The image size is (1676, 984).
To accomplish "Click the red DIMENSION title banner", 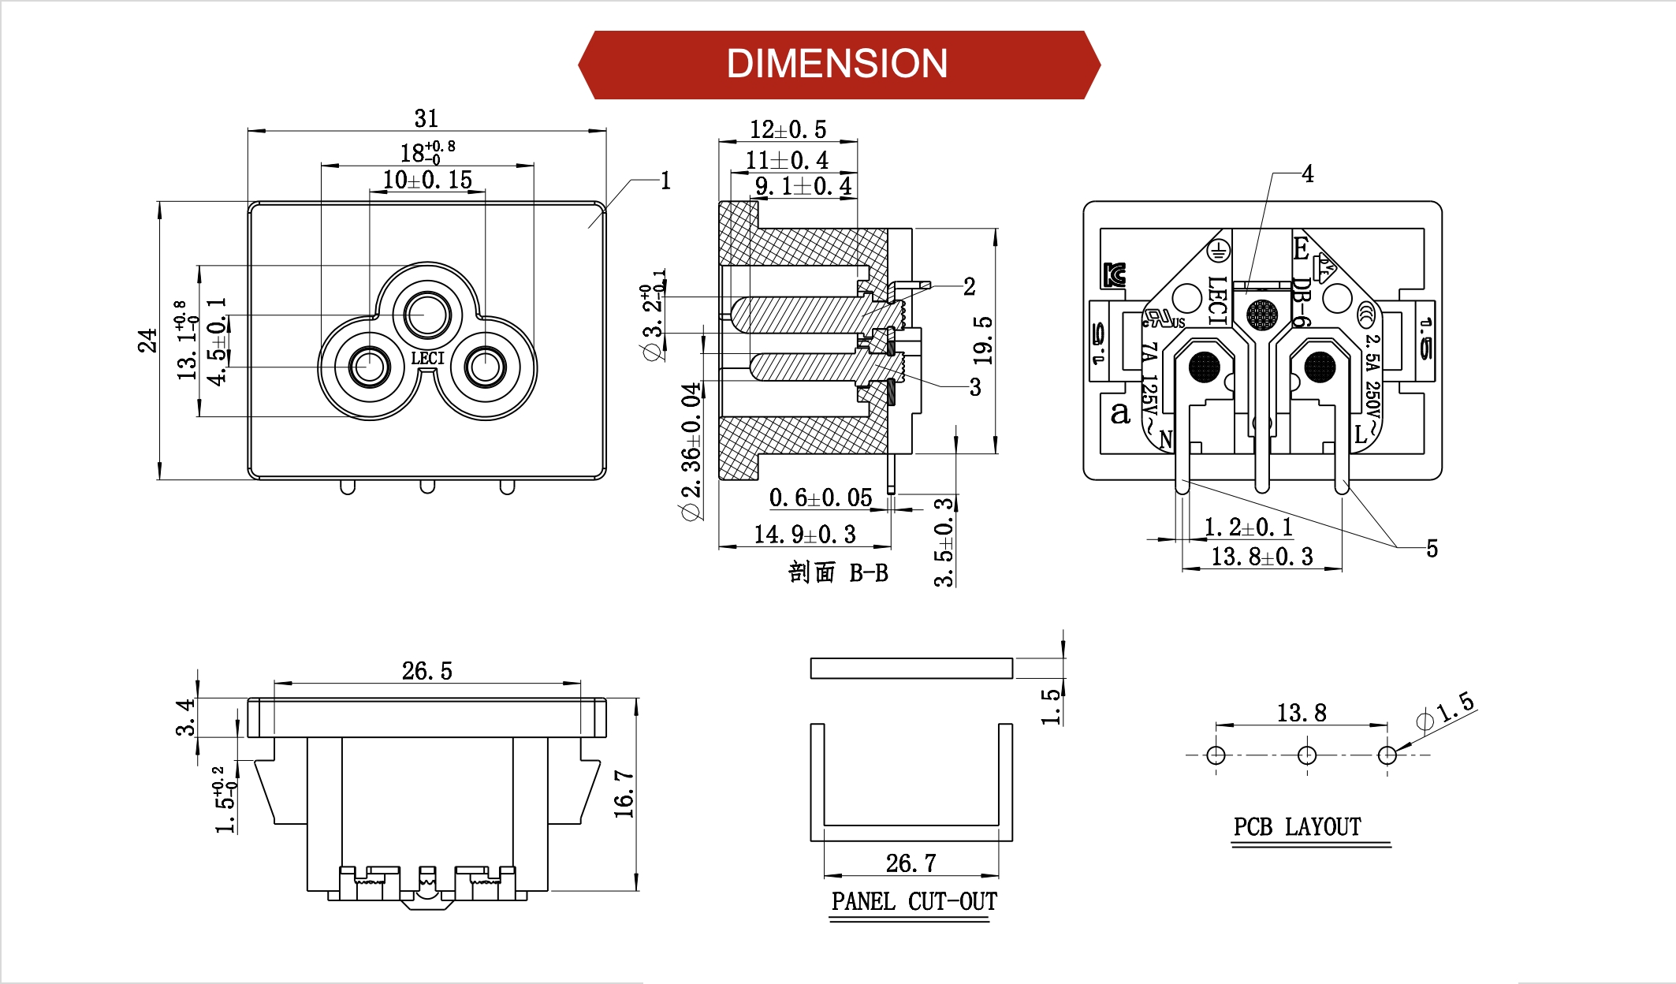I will click(838, 65).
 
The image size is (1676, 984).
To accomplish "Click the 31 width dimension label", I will click(426, 118).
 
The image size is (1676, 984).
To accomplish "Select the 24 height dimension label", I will click(147, 341).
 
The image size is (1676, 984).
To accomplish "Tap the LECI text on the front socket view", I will click(427, 358).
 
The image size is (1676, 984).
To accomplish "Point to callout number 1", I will click(665, 181).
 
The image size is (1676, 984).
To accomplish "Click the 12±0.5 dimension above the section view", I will click(788, 129).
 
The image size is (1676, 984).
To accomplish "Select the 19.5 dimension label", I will click(983, 341).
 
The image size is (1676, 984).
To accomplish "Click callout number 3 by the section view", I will click(975, 386).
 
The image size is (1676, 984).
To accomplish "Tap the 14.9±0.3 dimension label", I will click(805, 535).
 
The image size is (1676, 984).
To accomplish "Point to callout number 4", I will click(1308, 173).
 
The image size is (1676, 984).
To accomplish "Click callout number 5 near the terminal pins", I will click(1432, 549).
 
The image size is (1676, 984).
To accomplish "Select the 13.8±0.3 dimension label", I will click(1262, 557).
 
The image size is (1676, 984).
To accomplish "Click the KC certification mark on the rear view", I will click(1115, 274).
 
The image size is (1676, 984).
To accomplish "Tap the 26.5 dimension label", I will click(426, 671).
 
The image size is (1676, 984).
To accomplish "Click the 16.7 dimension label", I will click(624, 794).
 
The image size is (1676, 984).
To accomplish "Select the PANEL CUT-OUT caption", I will click(914, 901).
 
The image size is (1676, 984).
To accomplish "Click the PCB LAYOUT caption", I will click(1297, 826).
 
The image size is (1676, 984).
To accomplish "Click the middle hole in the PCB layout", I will click(1306, 755).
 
